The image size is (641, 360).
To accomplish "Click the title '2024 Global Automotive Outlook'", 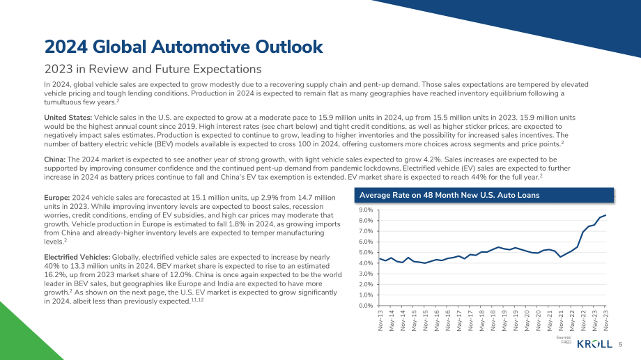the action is (x=183, y=47).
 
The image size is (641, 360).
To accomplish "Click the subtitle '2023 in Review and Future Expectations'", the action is (x=153, y=69).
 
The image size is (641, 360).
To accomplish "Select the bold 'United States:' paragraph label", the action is (x=68, y=118).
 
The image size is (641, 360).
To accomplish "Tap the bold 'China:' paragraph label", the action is (x=55, y=159).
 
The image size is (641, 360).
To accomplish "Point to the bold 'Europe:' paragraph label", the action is (x=57, y=198).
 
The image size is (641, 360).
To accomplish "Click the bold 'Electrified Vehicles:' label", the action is (x=77, y=257).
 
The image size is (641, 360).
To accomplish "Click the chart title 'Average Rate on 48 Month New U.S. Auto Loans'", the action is (x=449, y=196).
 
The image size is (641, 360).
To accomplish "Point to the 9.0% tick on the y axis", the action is (x=366, y=210).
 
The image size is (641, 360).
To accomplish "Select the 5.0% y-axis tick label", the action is (x=366, y=253).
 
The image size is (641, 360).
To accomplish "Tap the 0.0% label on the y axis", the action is (x=366, y=306).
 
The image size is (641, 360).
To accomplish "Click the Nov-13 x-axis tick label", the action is (x=380, y=320).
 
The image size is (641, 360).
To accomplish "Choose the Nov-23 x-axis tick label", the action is (x=606, y=320).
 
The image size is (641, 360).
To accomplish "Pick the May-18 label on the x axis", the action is (x=482, y=320).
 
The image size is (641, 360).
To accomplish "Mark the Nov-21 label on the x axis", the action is (x=561, y=320).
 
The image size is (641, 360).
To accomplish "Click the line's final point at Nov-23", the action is (x=605, y=215).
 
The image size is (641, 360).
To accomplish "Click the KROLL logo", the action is (x=595, y=344).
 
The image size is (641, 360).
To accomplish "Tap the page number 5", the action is (x=621, y=345).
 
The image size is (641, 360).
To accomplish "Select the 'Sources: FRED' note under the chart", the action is (x=564, y=340).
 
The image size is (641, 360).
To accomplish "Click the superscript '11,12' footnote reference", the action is (x=197, y=300).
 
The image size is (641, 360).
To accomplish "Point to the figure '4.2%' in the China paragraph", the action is (x=433, y=159).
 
